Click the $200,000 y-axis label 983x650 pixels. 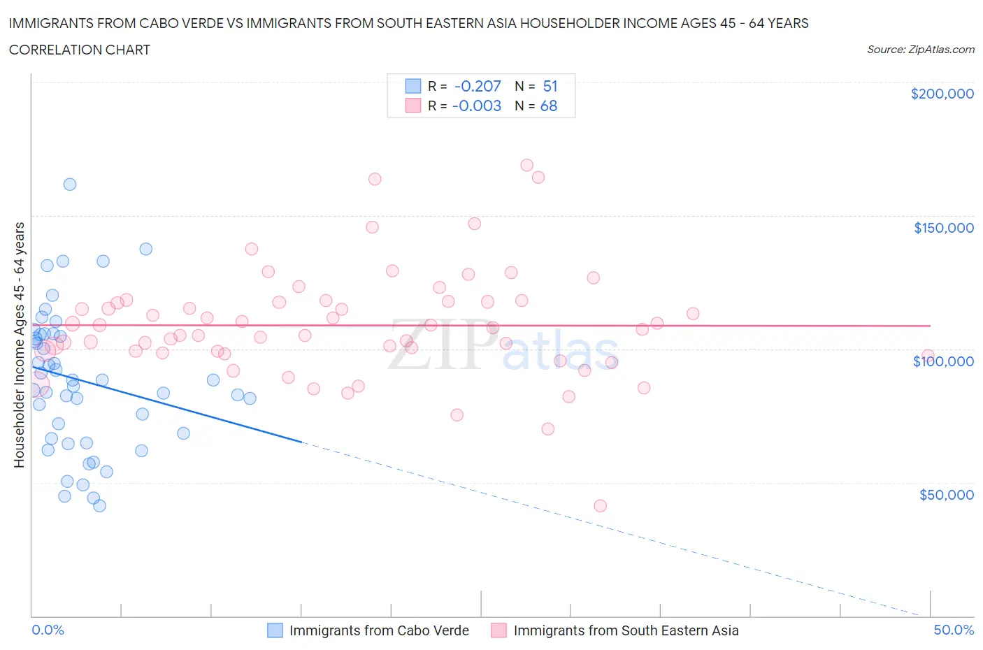coord(942,94)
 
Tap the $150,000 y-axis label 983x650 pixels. coord(943,228)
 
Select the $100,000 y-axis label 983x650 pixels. coord(943,361)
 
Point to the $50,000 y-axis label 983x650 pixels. coord(946,495)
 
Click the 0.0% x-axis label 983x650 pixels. coord(48,630)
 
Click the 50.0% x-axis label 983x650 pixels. coord(954,630)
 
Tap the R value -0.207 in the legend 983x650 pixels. coord(478,86)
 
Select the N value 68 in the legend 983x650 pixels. coord(549,106)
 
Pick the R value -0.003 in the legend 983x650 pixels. coord(477,106)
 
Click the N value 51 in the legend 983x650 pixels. coord(550,86)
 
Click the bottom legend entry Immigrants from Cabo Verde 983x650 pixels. coord(379,630)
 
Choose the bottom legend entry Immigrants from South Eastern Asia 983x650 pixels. coord(626,630)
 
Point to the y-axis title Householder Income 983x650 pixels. coord(19,345)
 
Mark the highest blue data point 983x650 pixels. coord(70,185)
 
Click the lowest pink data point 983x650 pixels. coord(600,506)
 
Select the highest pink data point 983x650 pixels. coord(527,166)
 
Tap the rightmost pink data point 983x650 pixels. coord(928,356)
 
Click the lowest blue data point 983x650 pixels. coord(100,506)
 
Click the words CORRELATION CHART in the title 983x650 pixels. coord(80,50)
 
